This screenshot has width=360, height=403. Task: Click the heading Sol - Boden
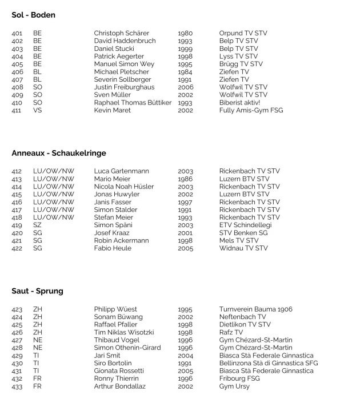click(x=33, y=15)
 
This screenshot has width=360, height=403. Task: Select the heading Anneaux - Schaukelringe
click(x=58, y=153)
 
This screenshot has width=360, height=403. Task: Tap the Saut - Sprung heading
click(x=37, y=291)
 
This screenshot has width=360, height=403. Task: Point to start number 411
click(x=17, y=110)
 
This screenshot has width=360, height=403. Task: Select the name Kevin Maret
click(x=112, y=110)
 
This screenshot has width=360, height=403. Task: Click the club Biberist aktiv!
click(x=239, y=103)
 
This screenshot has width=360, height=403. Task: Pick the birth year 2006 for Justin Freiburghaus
click(x=185, y=87)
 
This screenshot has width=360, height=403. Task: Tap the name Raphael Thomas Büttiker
click(x=133, y=103)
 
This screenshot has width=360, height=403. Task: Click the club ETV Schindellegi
click(x=245, y=225)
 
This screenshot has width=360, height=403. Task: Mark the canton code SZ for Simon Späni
click(x=38, y=225)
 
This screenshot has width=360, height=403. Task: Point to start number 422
click(x=17, y=248)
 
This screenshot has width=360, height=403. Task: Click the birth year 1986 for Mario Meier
click(x=185, y=179)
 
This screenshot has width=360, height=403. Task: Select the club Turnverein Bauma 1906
click(x=255, y=309)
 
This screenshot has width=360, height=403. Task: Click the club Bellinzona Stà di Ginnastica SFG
click(x=269, y=363)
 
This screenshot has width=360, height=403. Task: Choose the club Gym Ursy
click(x=235, y=386)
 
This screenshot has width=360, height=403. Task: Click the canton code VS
click(x=38, y=110)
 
